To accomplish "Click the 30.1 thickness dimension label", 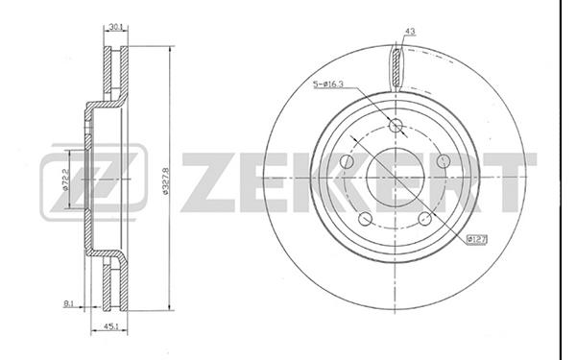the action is click(116, 27).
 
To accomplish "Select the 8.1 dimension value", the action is click(69, 303).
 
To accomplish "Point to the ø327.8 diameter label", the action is click(165, 180).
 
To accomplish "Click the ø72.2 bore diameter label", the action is click(65, 180).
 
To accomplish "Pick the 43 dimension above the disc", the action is click(410, 32).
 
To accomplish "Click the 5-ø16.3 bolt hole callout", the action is click(328, 84).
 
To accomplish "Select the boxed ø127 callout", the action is click(476, 240).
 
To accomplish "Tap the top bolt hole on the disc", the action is click(396, 125).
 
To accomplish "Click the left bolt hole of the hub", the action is click(347, 161).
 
